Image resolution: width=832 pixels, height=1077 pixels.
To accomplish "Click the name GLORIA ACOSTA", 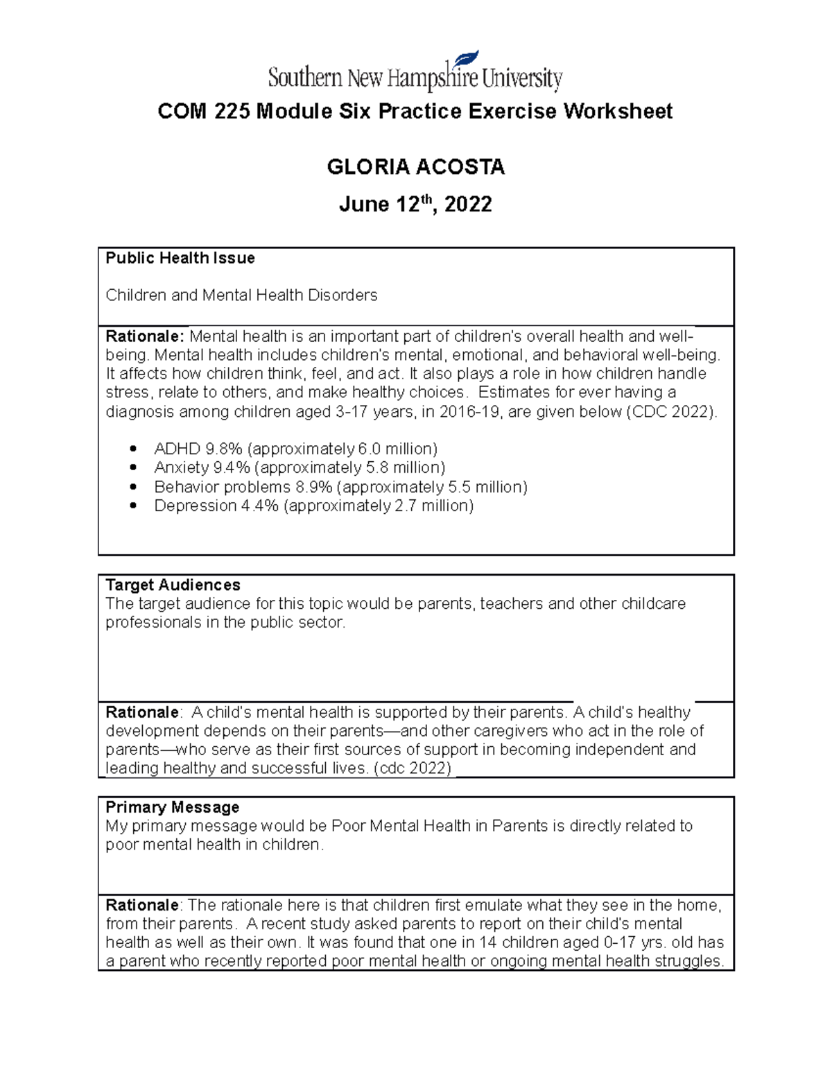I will click(x=415, y=167).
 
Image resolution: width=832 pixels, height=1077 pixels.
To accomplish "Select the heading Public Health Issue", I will click(x=180, y=258).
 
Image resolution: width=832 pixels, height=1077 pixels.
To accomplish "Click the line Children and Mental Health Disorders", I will click(x=241, y=295).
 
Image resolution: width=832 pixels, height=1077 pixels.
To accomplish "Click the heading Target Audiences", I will click(x=173, y=585).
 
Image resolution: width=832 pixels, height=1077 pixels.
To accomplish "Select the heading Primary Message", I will click(x=172, y=807).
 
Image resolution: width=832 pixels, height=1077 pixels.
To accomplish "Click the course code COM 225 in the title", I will click(x=205, y=112).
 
